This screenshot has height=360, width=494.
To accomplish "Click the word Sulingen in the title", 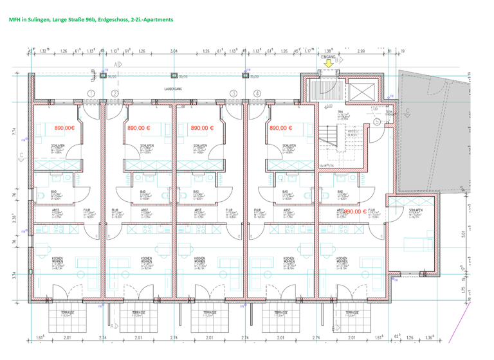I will coord(42,20).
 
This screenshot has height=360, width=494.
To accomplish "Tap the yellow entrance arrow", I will coord(329,64).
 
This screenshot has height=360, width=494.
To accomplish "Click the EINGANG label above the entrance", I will coord(329,57).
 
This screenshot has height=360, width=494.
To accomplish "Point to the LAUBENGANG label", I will coord(174,89).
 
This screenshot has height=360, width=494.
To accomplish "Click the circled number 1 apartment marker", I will coord(91,94).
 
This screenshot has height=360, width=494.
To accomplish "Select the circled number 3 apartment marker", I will coord(233,94).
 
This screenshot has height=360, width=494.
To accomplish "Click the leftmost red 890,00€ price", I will coord(64,128).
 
